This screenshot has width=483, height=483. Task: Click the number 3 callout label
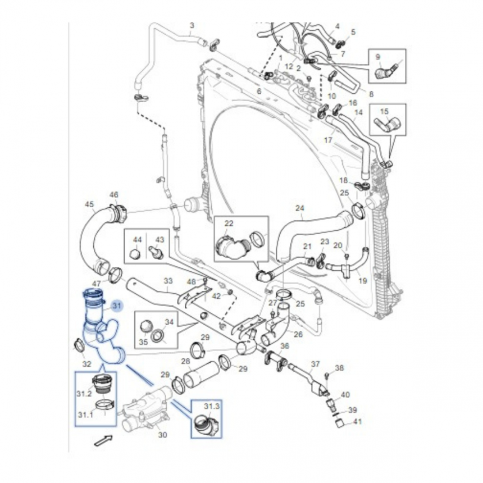pyautogui.click(x=192, y=26)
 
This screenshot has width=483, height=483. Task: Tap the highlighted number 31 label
pyautogui.click(x=117, y=306)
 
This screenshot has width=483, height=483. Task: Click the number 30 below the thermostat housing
pyautogui.click(x=163, y=434)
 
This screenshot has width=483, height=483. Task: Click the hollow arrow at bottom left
pyautogui.click(x=102, y=441)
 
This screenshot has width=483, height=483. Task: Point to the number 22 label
pyautogui.click(x=229, y=224)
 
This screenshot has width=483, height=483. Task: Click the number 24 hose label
pyautogui.click(x=299, y=208)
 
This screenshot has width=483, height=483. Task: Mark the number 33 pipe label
pyautogui.click(x=168, y=280)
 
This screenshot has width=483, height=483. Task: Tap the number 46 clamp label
pyautogui.click(x=114, y=195)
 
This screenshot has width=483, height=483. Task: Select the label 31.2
pyautogui.click(x=84, y=393)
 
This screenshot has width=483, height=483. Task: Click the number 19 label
pyautogui.click(x=362, y=280)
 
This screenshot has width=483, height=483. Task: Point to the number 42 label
pyautogui.click(x=217, y=296)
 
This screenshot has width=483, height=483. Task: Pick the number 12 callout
pyautogui.click(x=289, y=66)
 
